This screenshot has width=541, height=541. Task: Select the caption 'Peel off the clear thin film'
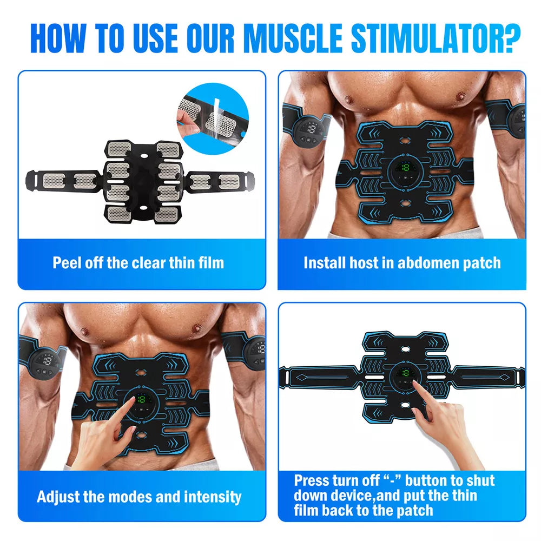[x=138, y=263]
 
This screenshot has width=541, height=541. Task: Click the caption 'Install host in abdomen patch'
[x=402, y=263]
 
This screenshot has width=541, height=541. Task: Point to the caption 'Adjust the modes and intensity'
[x=139, y=496]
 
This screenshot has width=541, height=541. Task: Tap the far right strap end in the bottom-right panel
[x=517, y=375]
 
